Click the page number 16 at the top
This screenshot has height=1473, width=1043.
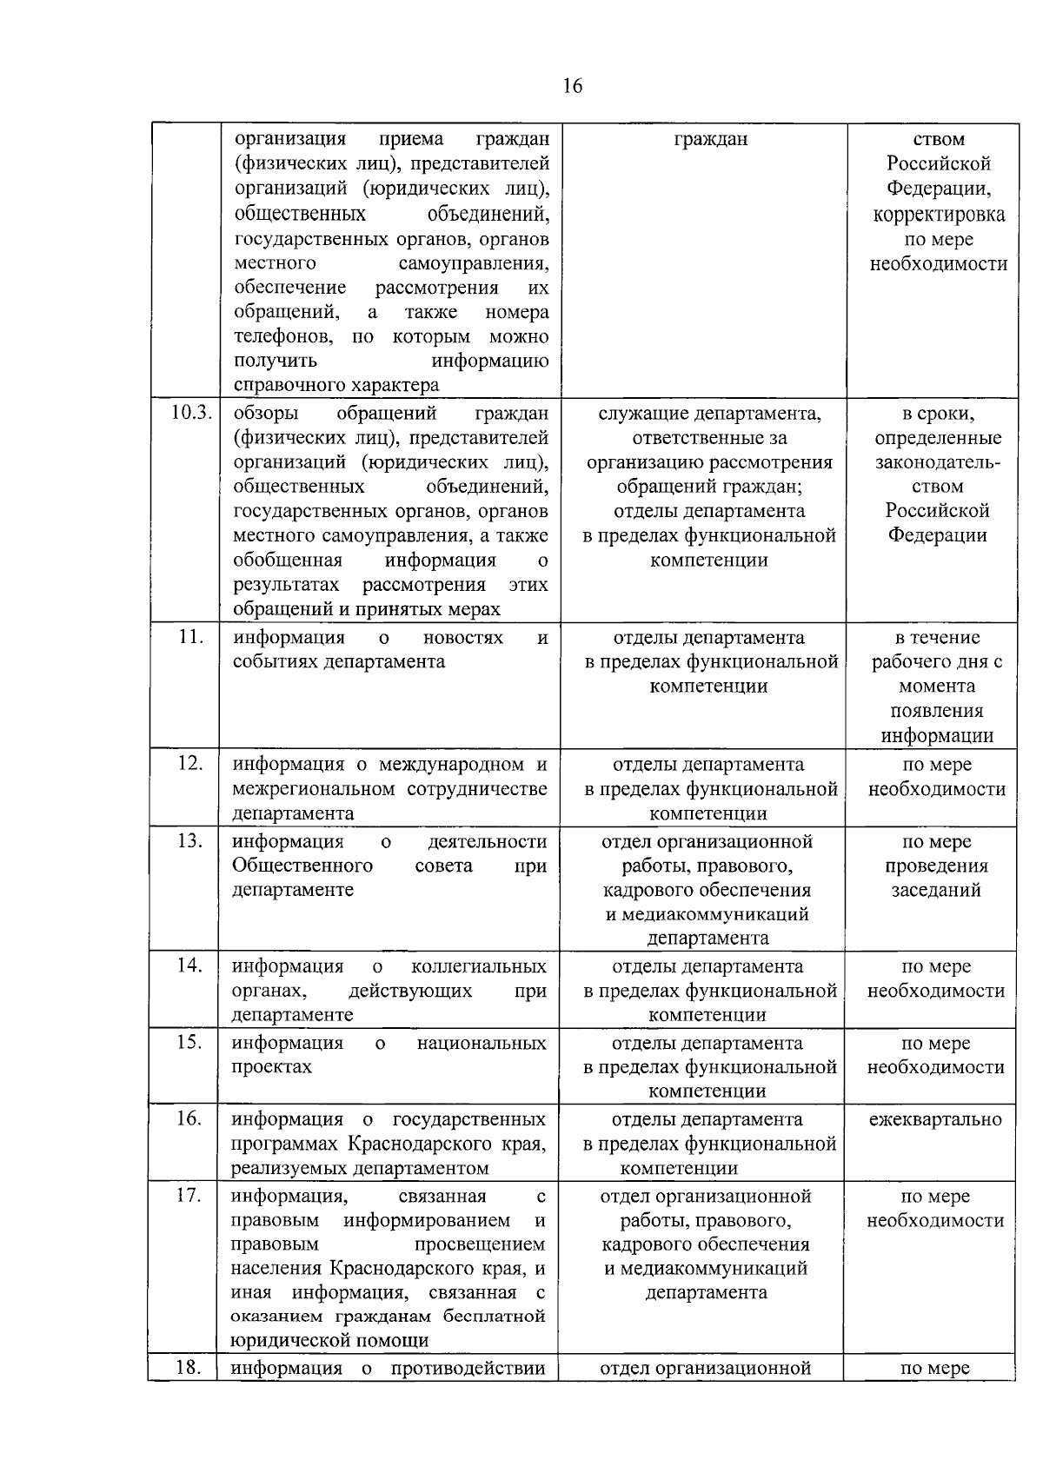click(573, 85)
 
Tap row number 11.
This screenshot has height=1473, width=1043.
click(190, 636)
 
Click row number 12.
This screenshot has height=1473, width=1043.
click(190, 763)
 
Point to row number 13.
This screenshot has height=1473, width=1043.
click(190, 840)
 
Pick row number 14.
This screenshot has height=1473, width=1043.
click(190, 965)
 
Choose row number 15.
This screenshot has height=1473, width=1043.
click(190, 1042)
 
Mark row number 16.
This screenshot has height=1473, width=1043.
click(190, 1118)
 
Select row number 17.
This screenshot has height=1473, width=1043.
click(190, 1195)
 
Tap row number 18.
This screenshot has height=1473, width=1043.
click(190, 1367)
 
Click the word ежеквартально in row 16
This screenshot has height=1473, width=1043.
click(935, 1119)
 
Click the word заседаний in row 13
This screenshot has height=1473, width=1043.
click(935, 890)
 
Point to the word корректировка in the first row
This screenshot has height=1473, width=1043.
click(939, 215)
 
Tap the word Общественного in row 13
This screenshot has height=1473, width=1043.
click(302, 866)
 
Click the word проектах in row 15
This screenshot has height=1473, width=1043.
click(271, 1067)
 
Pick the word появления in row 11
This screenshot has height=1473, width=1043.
click(937, 711)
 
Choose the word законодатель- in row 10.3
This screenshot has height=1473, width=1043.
click(937, 462)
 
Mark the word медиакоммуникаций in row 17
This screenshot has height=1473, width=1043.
click(706, 1268)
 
